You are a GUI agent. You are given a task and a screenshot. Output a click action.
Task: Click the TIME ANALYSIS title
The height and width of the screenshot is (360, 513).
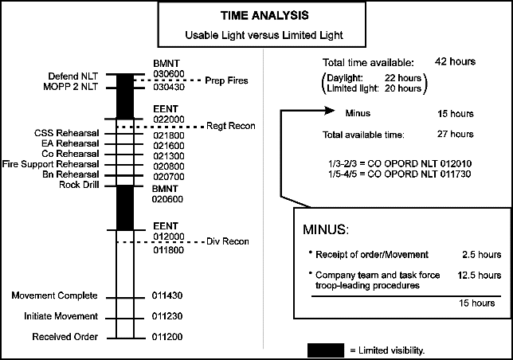tap(256, 15)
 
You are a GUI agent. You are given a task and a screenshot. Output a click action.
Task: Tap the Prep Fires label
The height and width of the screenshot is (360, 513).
tap(227, 80)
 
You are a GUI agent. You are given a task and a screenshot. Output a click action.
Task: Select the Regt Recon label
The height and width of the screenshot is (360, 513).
tap(229, 125)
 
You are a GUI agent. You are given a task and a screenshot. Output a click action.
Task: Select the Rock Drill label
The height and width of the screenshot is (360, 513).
tap(78, 185)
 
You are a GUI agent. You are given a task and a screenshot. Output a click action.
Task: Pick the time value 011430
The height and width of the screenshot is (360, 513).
tap(168, 295)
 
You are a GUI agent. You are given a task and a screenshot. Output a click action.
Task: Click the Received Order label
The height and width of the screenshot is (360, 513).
tap(65, 337)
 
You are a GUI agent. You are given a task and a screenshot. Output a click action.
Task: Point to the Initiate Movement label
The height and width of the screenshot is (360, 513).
tap(61, 316)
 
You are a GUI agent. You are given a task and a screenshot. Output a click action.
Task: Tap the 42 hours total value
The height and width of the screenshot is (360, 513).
tap(456, 62)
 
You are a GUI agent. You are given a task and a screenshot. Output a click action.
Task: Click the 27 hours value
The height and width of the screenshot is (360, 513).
tap(456, 134)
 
